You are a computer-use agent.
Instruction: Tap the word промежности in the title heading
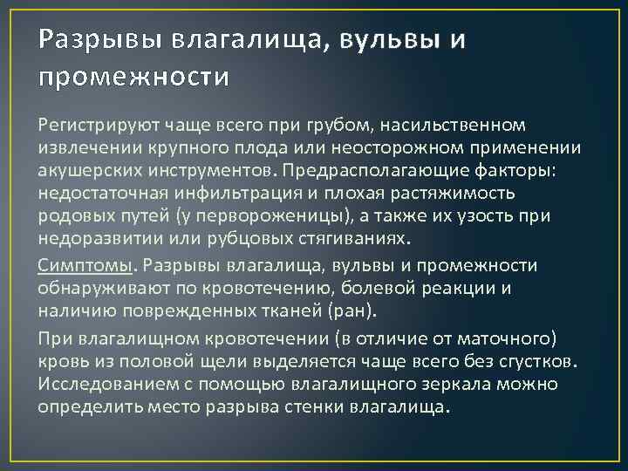pos(133,78)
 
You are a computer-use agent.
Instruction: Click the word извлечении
pos(85,149)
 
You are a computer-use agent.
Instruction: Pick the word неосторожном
pos(404,149)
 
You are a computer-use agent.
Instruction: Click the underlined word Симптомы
pos(85,265)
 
